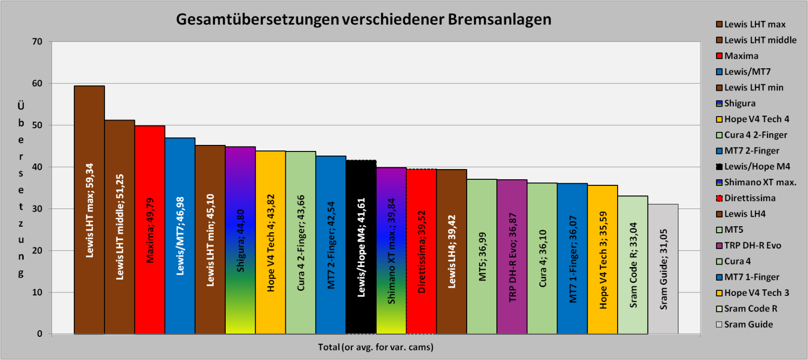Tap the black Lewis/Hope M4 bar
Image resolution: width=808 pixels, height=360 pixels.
[361, 247]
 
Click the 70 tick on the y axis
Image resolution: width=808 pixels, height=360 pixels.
[37, 42]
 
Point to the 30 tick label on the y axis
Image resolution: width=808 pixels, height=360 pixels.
[37, 209]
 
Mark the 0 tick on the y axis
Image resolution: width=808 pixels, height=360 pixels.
[40, 334]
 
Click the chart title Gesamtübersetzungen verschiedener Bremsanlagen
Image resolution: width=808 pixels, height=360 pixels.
[364, 19]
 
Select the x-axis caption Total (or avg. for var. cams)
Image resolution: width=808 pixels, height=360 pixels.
[376, 347]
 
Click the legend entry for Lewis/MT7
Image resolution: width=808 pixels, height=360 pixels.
[747, 72]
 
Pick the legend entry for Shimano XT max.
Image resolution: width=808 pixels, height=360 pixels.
[760, 182]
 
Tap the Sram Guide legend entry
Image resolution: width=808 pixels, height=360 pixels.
[748, 324]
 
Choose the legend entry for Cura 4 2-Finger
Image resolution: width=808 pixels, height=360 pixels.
[755, 135]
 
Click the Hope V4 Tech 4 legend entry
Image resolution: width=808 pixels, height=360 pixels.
[756, 119]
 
